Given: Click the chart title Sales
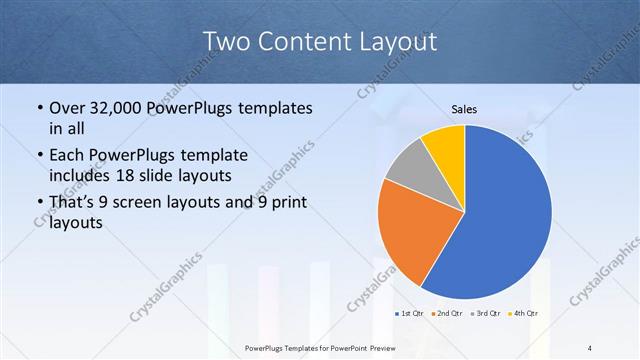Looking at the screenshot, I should (464, 108).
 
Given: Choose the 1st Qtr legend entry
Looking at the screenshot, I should (409, 314).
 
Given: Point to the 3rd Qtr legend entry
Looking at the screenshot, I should (485, 314).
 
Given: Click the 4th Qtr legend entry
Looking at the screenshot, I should (523, 314).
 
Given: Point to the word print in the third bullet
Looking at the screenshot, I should (288, 203).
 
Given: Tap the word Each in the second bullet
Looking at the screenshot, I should (66, 155).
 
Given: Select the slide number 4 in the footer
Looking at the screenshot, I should (591, 348).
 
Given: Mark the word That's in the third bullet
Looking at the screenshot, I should (73, 203).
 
